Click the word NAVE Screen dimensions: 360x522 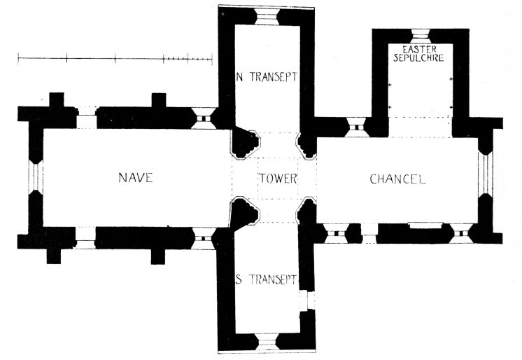click(135, 178)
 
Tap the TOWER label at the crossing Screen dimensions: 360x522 click(278, 178)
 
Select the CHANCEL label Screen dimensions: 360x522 click(397, 179)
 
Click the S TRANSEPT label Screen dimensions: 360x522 click(267, 280)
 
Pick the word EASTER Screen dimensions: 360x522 click(420, 48)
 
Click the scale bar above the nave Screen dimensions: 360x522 click(115, 60)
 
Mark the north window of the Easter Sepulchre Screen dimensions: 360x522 click(420, 35)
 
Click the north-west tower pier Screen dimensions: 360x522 click(244, 144)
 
